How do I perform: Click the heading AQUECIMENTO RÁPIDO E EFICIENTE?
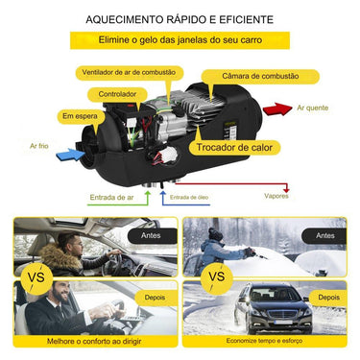179,19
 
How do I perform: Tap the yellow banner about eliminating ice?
180,41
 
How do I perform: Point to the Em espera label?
81,116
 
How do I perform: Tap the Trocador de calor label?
234,148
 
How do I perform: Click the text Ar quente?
312,109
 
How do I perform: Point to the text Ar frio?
38,146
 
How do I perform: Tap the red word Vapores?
277,196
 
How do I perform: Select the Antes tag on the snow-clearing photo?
325,234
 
